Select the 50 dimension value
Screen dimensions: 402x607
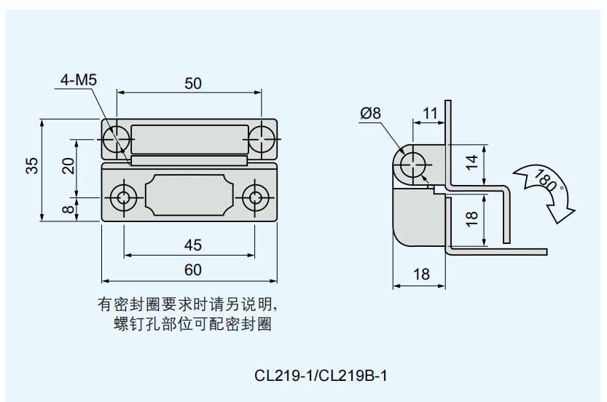click(192, 83)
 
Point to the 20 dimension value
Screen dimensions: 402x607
click(68, 166)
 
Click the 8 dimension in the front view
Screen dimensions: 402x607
click(68, 210)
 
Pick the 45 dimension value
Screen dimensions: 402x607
click(192, 245)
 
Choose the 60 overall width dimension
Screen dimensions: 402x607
click(192, 270)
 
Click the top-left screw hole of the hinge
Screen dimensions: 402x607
click(114, 138)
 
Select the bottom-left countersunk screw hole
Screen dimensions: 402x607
click(123, 196)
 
